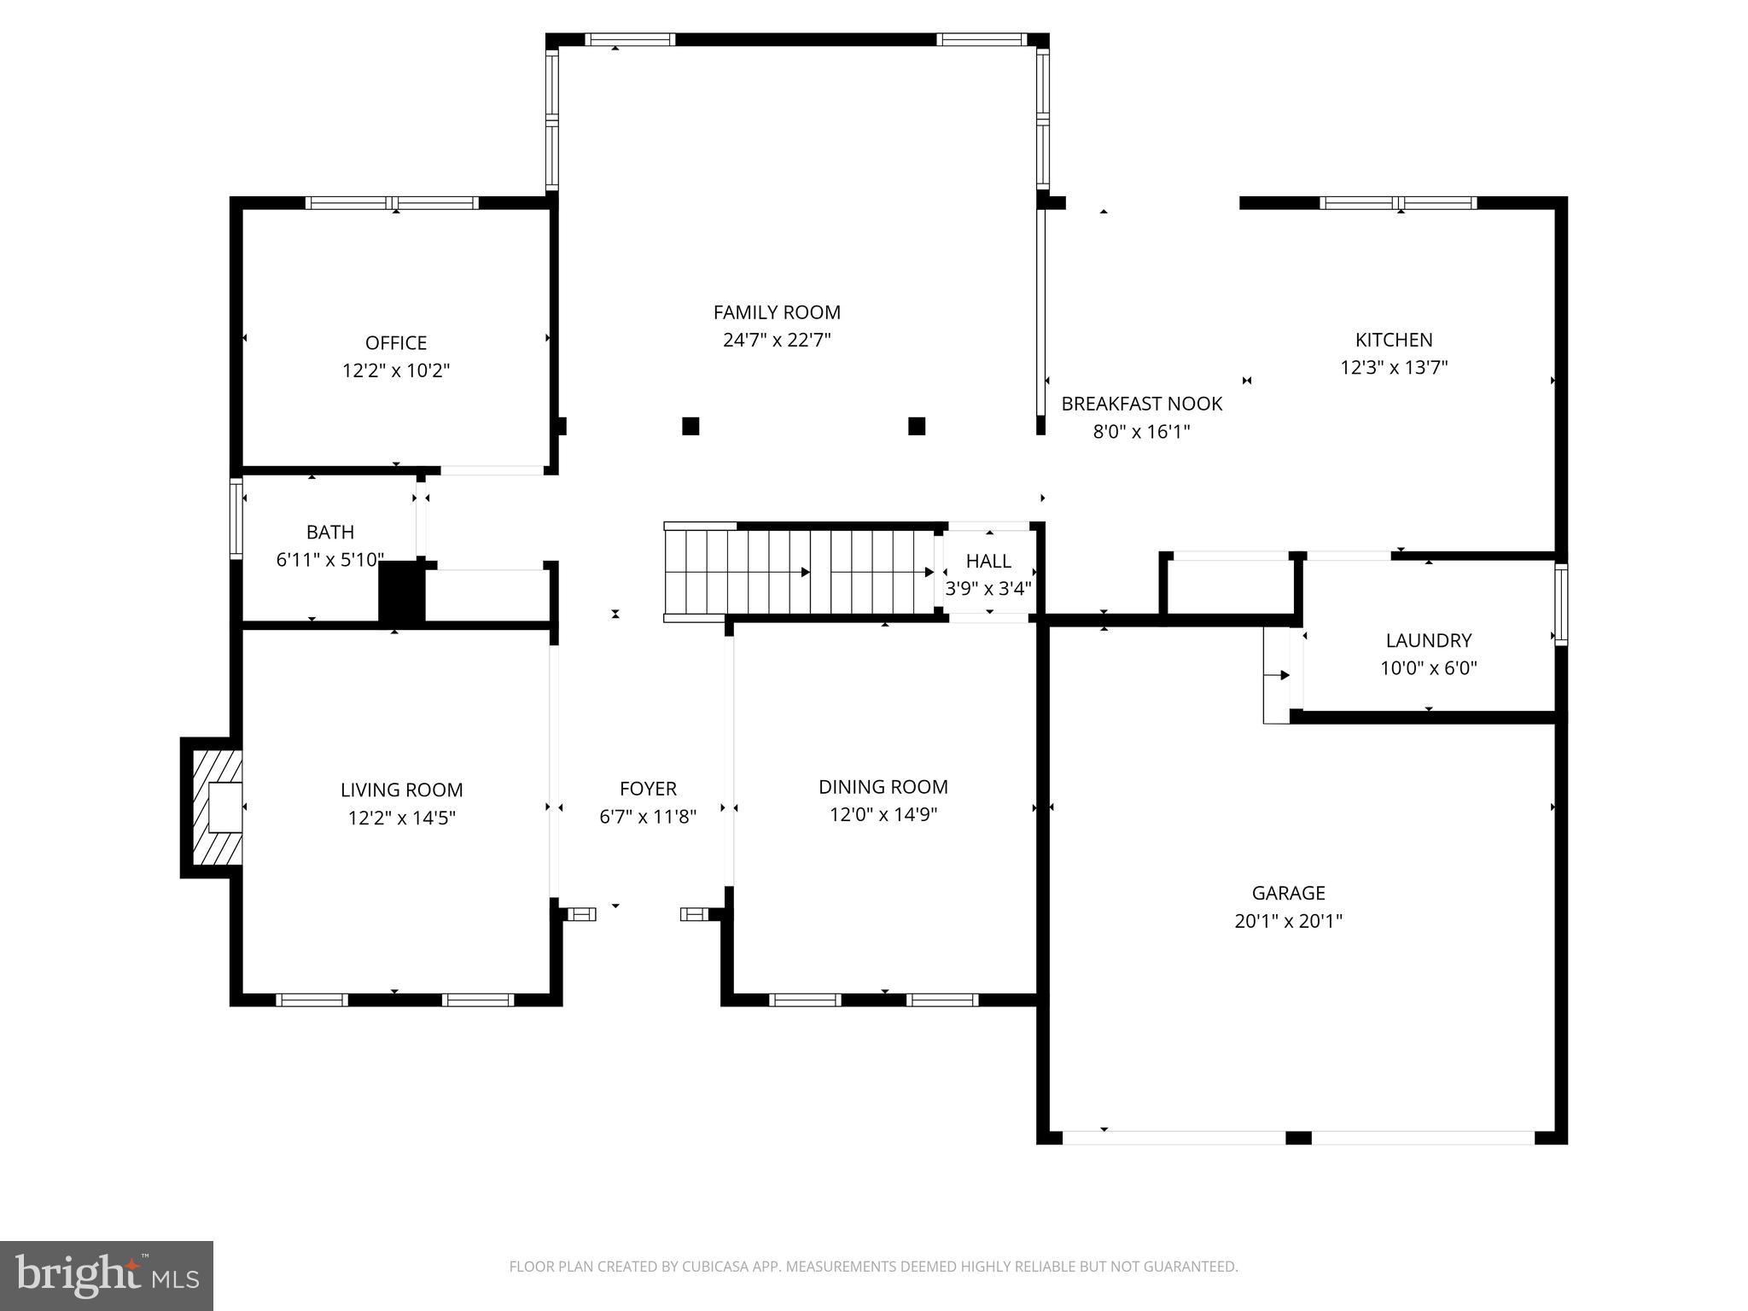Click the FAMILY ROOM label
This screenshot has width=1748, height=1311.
tap(777, 312)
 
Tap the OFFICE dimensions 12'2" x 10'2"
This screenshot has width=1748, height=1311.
tap(396, 370)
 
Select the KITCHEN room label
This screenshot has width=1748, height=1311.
tap(1394, 340)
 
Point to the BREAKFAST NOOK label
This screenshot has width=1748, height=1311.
tap(1141, 404)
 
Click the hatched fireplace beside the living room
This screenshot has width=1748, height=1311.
tap(213, 807)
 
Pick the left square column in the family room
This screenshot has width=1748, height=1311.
tap(690, 426)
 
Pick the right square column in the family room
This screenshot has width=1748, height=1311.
tap(917, 426)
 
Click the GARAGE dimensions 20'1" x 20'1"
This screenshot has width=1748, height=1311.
tap(1288, 921)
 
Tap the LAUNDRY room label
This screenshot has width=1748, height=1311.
tap(1428, 640)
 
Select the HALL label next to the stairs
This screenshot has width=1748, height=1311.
tap(988, 561)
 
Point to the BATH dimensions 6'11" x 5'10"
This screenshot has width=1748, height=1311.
tap(329, 560)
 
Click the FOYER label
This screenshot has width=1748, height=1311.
tap(648, 789)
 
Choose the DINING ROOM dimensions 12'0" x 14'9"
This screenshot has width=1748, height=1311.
tap(883, 814)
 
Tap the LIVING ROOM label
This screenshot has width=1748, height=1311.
tap(401, 790)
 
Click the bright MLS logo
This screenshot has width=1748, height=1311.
tap(107, 1275)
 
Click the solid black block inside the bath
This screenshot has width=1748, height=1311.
tap(401, 591)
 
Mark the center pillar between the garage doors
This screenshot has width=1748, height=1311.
tap(1297, 1137)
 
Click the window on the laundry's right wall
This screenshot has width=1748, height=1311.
tap(1560, 604)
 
